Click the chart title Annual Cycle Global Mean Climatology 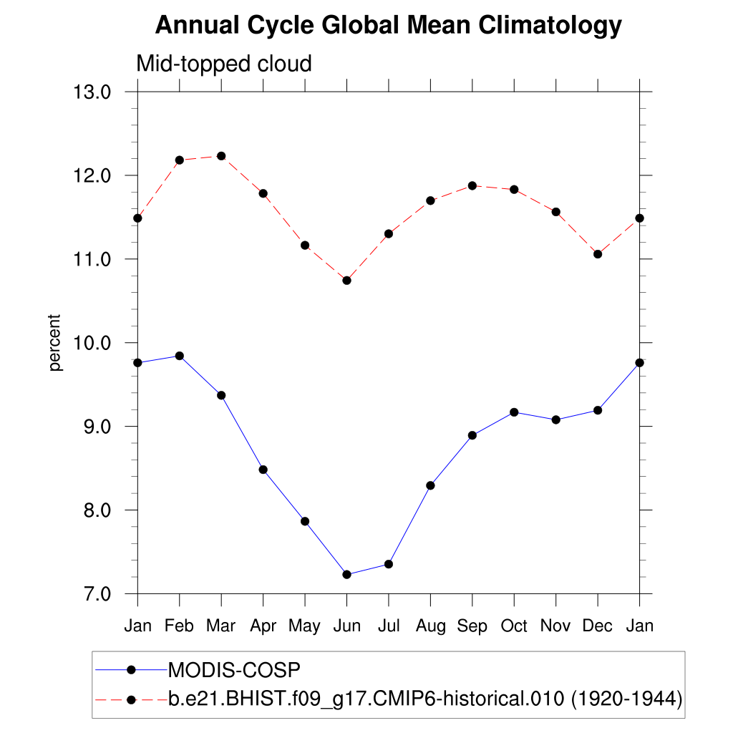click(x=388, y=26)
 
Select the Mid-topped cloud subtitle click(x=224, y=64)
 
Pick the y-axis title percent click(x=56, y=343)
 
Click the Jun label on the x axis click(x=346, y=626)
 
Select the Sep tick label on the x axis click(x=472, y=626)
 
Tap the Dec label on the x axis click(x=598, y=626)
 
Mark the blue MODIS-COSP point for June click(x=347, y=574)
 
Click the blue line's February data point click(x=180, y=356)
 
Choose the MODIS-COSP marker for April click(x=263, y=470)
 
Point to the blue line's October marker click(x=514, y=412)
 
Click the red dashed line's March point click(x=221, y=156)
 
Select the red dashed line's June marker click(x=347, y=280)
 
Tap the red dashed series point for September click(x=472, y=186)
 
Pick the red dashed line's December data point click(x=598, y=254)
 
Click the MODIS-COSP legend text click(x=233, y=671)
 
